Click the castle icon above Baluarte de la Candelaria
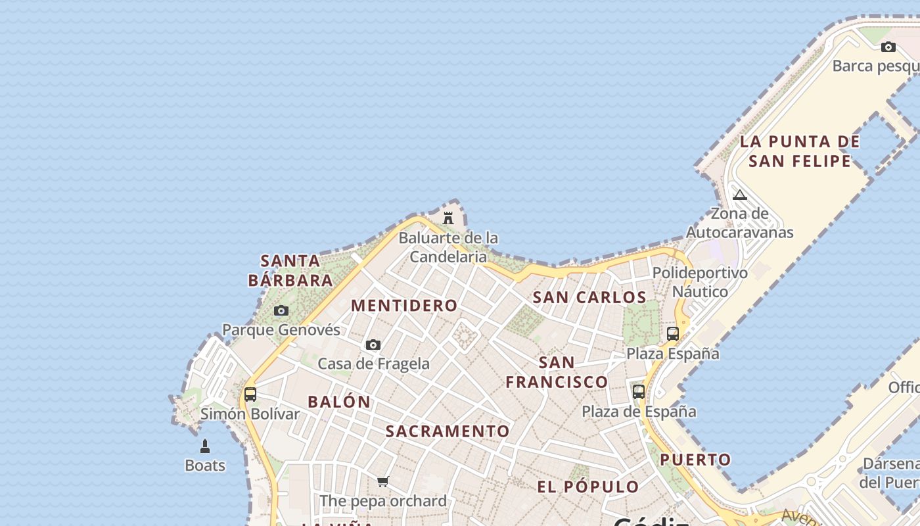click(x=448, y=218)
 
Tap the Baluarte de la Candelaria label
click(x=448, y=247)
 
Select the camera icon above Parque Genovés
click(x=281, y=310)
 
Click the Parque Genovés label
click(x=281, y=329)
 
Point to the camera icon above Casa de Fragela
click(x=373, y=345)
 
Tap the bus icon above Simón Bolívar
click(x=250, y=394)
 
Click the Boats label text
click(x=205, y=466)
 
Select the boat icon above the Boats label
click(x=205, y=446)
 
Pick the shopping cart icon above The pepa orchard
click(x=383, y=481)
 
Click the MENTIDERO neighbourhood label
click(x=404, y=305)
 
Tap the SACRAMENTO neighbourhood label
click(x=448, y=431)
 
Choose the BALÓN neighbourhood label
click(x=339, y=402)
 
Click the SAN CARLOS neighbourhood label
click(x=589, y=297)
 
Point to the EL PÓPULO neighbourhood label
click(x=588, y=487)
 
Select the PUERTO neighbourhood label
click(x=695, y=460)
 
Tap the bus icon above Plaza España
click(x=673, y=334)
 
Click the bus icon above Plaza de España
click(x=639, y=392)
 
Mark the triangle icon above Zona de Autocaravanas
click(x=740, y=195)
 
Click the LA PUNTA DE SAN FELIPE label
click(x=800, y=151)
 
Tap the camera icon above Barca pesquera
click(x=888, y=47)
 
